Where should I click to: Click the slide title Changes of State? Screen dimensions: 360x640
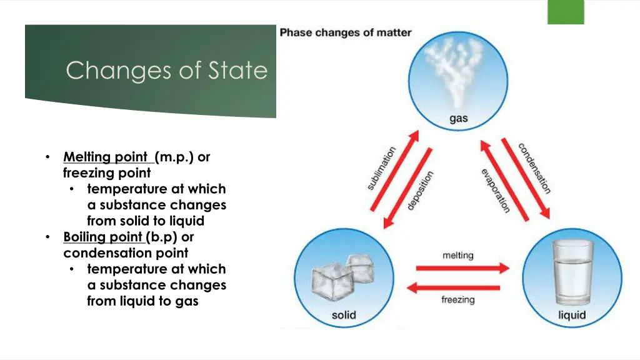click(x=166, y=71)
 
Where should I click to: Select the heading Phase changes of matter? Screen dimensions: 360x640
click(x=346, y=32)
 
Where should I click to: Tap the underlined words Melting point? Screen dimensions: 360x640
click(x=106, y=157)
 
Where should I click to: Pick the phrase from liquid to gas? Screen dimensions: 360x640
click(x=142, y=301)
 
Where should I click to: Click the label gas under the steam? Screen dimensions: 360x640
click(x=458, y=119)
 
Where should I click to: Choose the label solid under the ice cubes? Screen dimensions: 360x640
click(x=344, y=314)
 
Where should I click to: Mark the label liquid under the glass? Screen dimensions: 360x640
click(x=571, y=314)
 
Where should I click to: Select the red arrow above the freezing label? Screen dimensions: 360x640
click(x=457, y=287)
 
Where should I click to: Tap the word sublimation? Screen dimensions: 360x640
click(x=381, y=168)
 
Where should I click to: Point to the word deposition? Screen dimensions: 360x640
click(x=420, y=191)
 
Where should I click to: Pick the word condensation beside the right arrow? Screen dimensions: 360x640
click(x=534, y=168)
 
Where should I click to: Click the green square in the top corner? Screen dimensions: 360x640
click(x=566, y=12)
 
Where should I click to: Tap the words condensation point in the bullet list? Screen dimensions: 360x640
click(x=126, y=253)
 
